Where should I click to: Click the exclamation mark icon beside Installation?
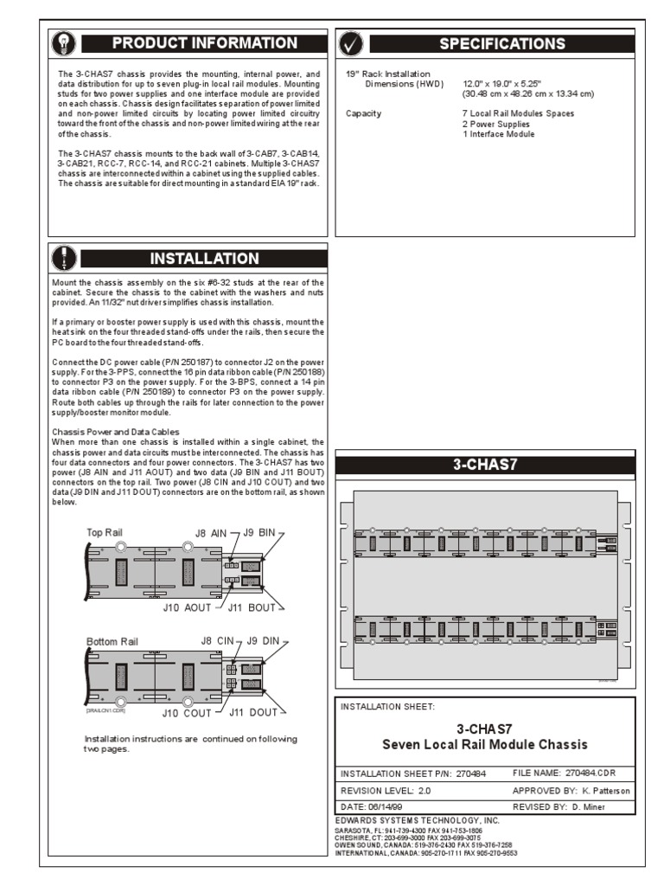tap(66, 258)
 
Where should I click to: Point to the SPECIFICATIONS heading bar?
tap(502, 43)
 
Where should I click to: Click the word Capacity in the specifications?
tap(363, 113)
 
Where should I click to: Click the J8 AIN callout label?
tap(211, 534)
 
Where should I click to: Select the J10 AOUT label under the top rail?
tap(187, 607)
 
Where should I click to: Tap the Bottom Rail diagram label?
tap(112, 641)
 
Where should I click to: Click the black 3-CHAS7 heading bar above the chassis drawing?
tap(485, 464)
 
